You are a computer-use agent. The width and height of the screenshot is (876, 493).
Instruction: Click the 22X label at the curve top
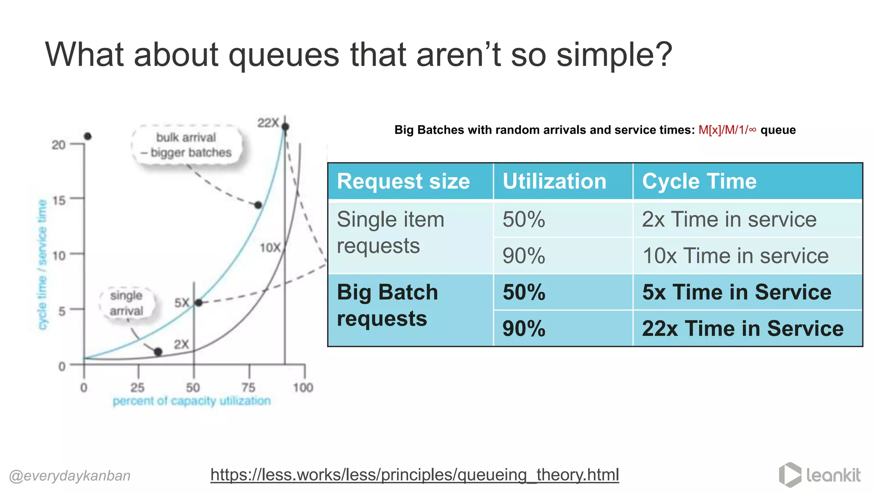point(268,123)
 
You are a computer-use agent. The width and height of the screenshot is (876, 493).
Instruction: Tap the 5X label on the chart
point(181,303)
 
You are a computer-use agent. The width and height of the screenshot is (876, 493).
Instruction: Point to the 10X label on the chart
point(270,247)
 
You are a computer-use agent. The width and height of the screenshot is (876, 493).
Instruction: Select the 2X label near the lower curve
point(181,344)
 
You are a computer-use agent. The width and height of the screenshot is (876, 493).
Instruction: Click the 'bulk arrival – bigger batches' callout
point(187,145)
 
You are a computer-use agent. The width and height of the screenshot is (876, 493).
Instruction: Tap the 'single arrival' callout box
point(126,303)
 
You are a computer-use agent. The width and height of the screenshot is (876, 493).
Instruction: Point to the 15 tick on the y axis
point(59,200)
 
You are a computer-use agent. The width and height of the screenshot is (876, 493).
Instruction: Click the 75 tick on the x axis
point(249,387)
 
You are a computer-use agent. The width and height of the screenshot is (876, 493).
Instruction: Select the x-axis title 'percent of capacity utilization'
point(192,401)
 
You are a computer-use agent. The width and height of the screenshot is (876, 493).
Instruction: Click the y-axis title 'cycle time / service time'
point(42,264)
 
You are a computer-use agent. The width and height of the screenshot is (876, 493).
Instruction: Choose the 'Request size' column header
point(403,181)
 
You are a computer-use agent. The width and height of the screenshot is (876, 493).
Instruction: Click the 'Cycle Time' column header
point(699,181)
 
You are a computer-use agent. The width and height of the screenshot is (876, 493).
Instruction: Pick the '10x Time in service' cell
point(735,256)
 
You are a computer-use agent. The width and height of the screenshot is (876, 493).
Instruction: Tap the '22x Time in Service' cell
point(743,329)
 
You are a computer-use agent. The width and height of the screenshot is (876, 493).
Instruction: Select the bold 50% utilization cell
point(524,292)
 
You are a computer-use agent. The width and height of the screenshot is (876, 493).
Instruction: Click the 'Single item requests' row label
point(390,232)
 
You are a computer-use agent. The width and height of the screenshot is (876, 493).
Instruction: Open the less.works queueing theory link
point(414,475)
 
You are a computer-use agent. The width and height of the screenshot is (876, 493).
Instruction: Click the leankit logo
point(820,475)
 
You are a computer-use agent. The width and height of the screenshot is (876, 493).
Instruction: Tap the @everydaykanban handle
point(70,475)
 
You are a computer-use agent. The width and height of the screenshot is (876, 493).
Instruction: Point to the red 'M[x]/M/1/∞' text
point(727,130)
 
